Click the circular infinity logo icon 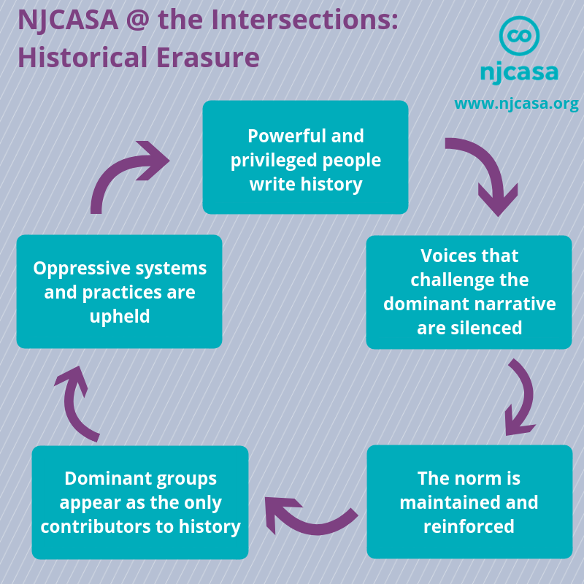coord(519,36)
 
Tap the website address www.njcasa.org coord(517,104)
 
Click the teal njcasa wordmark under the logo coord(519,72)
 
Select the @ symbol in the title coord(138,20)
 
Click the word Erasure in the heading coord(208,58)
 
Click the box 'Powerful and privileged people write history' coord(305,157)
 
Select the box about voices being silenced coord(469,292)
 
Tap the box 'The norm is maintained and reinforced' coord(469,502)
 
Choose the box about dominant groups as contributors coord(140,502)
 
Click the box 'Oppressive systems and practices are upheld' coord(119,291)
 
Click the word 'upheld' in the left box coord(120,317)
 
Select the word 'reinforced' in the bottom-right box coord(469,526)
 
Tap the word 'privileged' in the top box coord(274,161)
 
